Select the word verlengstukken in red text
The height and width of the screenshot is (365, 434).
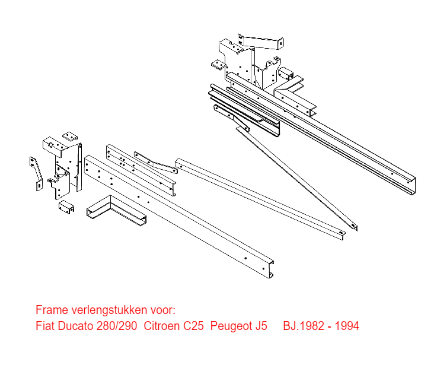pyautogui.click(x=109, y=310)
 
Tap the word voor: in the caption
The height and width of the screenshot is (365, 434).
pyautogui.click(x=163, y=310)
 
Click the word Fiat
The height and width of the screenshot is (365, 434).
pyautogui.click(x=46, y=326)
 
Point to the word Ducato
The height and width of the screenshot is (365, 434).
pyautogui.click(x=75, y=326)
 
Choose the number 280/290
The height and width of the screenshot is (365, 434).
pyautogui.click(x=117, y=326)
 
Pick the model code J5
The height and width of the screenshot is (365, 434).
pyautogui.click(x=261, y=326)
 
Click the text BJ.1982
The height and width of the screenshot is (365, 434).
pyautogui.click(x=304, y=326)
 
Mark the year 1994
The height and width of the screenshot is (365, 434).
pyautogui.click(x=347, y=326)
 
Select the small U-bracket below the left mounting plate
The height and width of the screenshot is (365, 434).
pyautogui.click(x=66, y=207)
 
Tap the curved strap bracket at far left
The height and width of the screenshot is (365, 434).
pyautogui.click(x=37, y=173)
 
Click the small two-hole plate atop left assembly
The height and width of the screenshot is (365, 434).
pyautogui.click(x=70, y=136)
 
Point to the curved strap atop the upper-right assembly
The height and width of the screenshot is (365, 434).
pyautogui.click(x=261, y=42)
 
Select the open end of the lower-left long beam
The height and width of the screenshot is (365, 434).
pyautogui.click(x=270, y=269)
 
